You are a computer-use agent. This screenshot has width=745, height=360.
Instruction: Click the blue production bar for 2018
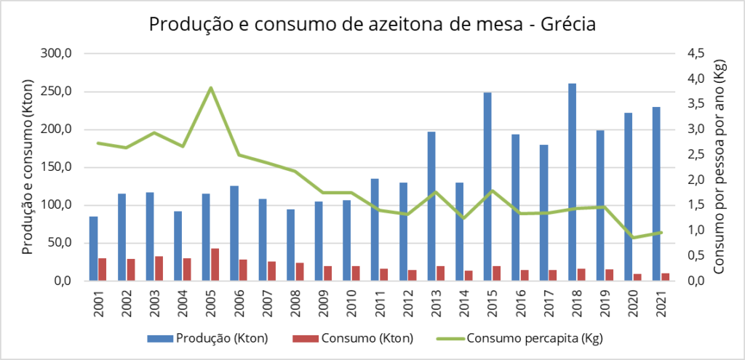click(572, 182)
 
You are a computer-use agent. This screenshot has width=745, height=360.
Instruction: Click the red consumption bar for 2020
click(637, 276)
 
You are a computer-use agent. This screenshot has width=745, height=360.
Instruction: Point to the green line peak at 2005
click(210, 88)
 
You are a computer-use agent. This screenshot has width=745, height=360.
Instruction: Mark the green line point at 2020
click(633, 238)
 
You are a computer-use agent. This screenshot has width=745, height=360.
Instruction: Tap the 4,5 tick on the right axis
click(696, 54)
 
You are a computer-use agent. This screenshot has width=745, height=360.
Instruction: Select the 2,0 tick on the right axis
click(696, 180)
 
